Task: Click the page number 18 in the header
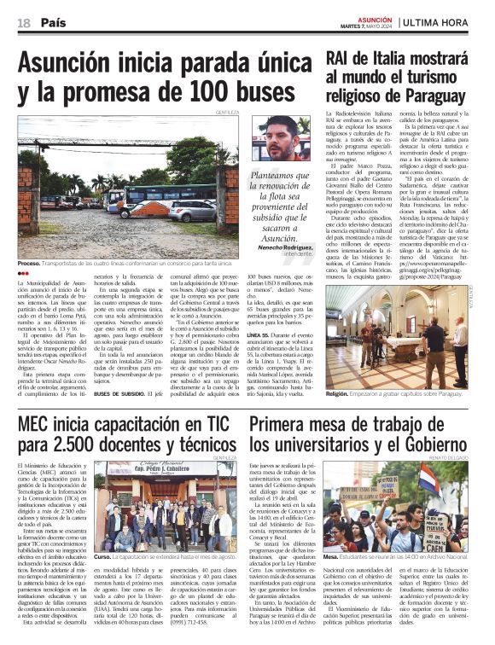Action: (23, 23)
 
